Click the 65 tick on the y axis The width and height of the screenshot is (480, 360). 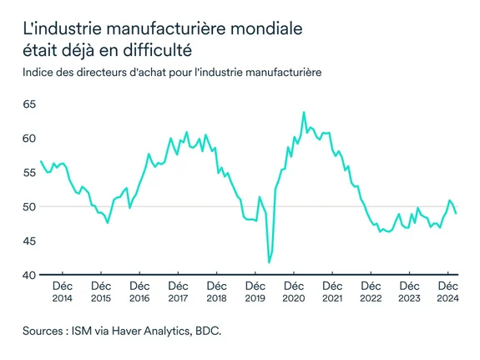pyautogui.click(x=28, y=104)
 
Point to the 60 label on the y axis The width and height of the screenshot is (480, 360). pyautogui.click(x=28, y=139)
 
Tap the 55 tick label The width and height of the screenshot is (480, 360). pyautogui.click(x=28, y=173)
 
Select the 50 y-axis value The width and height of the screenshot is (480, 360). pyautogui.click(x=28, y=207)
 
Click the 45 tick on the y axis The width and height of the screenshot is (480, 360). pyautogui.click(x=28, y=241)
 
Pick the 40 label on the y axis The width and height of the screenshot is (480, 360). pyautogui.click(x=28, y=276)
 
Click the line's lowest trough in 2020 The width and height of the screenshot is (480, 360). pyautogui.click(x=269, y=262)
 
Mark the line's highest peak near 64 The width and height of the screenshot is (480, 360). pyautogui.click(x=303, y=112)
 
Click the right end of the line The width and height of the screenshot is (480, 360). pyautogui.click(x=456, y=214)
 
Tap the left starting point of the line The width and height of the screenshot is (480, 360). pyautogui.click(x=41, y=160)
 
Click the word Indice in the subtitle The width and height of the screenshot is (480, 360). pyautogui.click(x=40, y=73)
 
